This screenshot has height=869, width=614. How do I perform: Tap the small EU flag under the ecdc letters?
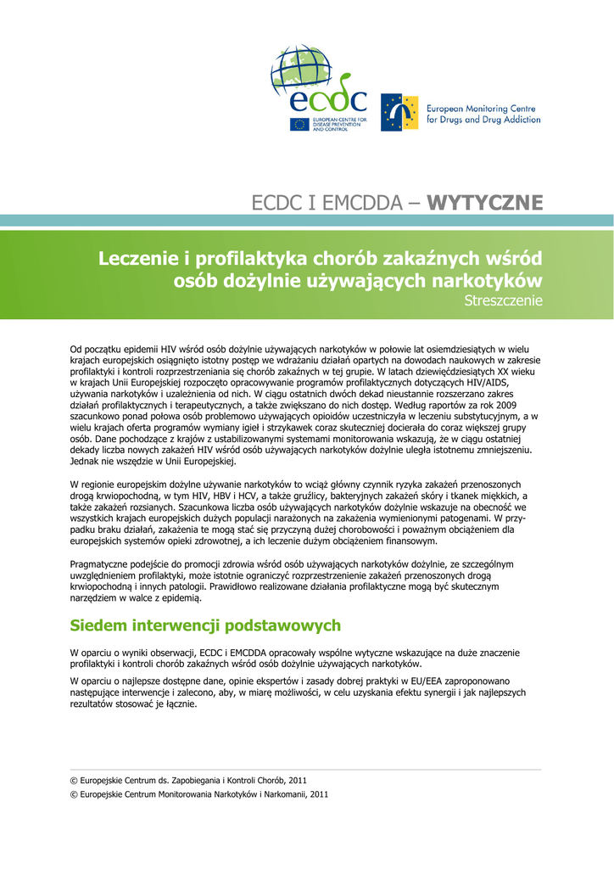[x=299, y=124]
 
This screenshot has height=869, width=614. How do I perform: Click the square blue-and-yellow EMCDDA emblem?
[x=399, y=112]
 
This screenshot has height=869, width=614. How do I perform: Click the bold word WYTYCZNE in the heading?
[x=485, y=203]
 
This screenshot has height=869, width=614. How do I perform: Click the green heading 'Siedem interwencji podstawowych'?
[x=205, y=625]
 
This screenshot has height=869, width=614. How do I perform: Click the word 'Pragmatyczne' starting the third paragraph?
[x=99, y=563]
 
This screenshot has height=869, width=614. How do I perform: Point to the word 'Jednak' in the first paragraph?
[x=82, y=463]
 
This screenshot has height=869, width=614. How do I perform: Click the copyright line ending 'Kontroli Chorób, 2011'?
[x=188, y=779]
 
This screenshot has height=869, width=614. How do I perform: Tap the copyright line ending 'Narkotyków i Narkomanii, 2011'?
[x=198, y=794]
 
